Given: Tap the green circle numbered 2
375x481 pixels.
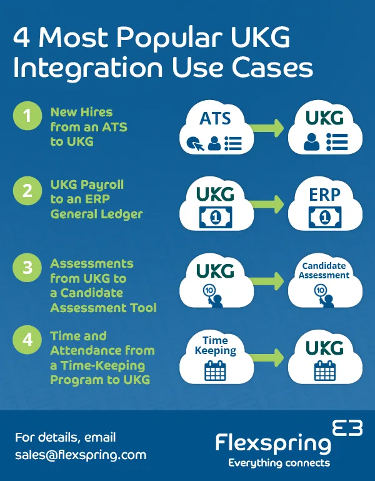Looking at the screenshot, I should pos(27,191).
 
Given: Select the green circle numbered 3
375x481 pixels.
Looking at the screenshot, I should pos(27,268).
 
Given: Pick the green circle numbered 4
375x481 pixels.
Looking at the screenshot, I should pos(27,342).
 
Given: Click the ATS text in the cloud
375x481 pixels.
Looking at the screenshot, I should pos(215,118).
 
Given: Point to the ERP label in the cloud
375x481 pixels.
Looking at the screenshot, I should pos(324,195).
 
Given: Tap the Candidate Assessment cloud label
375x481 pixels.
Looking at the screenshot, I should pos(323,271).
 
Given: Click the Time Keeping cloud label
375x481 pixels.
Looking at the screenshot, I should pos(215,345).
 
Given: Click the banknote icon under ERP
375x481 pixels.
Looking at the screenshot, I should pos(324,217).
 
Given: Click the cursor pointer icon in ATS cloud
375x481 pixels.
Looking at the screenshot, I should pos(193,145).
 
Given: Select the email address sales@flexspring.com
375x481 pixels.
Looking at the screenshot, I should pos(81,455).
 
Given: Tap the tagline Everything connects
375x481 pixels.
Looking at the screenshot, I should pos(279,463).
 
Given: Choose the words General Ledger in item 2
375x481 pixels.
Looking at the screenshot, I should pos(96,214).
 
